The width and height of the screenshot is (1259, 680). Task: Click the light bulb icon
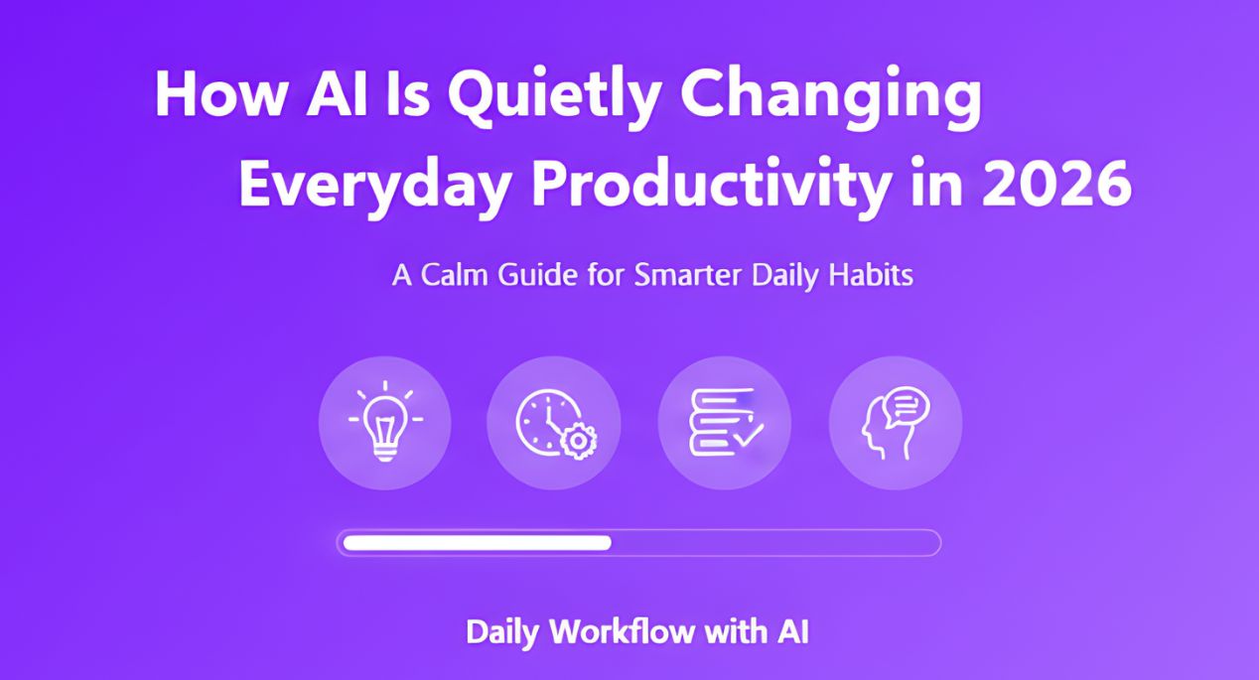(385, 423)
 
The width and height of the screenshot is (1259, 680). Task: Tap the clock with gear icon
(553, 423)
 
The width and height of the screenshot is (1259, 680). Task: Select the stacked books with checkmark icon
(725, 423)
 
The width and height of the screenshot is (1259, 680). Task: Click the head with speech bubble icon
(895, 423)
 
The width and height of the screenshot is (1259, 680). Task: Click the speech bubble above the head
(908, 406)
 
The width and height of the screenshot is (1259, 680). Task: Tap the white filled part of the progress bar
(477, 542)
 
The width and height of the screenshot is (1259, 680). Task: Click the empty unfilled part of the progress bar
(774, 542)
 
